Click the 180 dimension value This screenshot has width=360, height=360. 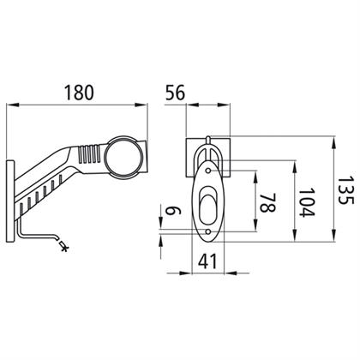coord(79,93)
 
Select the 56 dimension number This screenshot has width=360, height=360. coord(175,93)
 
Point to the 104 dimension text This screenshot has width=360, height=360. coord(307,202)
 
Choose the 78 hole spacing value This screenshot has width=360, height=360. coord(267,202)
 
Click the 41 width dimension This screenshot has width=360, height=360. coord(207,261)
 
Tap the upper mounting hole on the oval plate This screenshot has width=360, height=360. coord(208,171)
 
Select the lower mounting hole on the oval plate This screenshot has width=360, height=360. coord(208,231)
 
